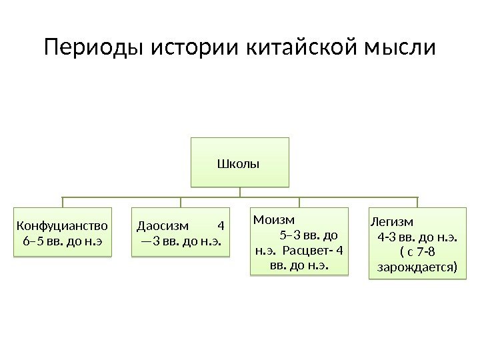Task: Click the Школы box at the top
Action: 240,162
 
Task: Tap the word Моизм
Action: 273,219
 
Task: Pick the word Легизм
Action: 392,221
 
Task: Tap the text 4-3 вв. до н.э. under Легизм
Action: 417,236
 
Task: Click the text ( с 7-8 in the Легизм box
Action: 417,252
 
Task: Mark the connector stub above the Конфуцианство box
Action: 63,203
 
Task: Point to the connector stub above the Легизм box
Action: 417,202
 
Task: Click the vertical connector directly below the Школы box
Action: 240,192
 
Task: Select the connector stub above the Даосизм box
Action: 181,203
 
